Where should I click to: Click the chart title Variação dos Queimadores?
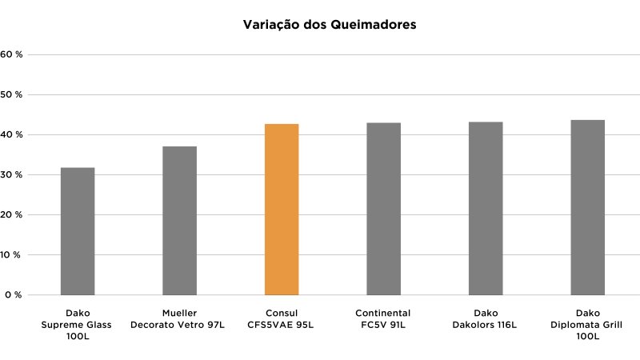pyautogui.click(x=330, y=25)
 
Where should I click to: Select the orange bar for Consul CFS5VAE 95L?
pyautogui.click(x=282, y=210)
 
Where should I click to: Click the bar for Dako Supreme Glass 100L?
pyautogui.click(x=78, y=231)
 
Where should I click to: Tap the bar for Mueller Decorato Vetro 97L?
pyautogui.click(x=179, y=221)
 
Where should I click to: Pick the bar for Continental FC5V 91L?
pyautogui.click(x=384, y=209)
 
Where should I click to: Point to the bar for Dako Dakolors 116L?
pyautogui.click(x=486, y=208)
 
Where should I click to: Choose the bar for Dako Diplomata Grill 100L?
pyautogui.click(x=588, y=207)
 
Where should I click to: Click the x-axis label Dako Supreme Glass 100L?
pyautogui.click(x=77, y=325)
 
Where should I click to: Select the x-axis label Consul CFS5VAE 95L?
pyautogui.click(x=282, y=319)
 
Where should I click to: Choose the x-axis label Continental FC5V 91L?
pyautogui.click(x=383, y=319)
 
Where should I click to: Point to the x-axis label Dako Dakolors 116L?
pyautogui.click(x=486, y=319)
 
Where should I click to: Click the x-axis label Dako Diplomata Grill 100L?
pyautogui.click(x=588, y=325)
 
